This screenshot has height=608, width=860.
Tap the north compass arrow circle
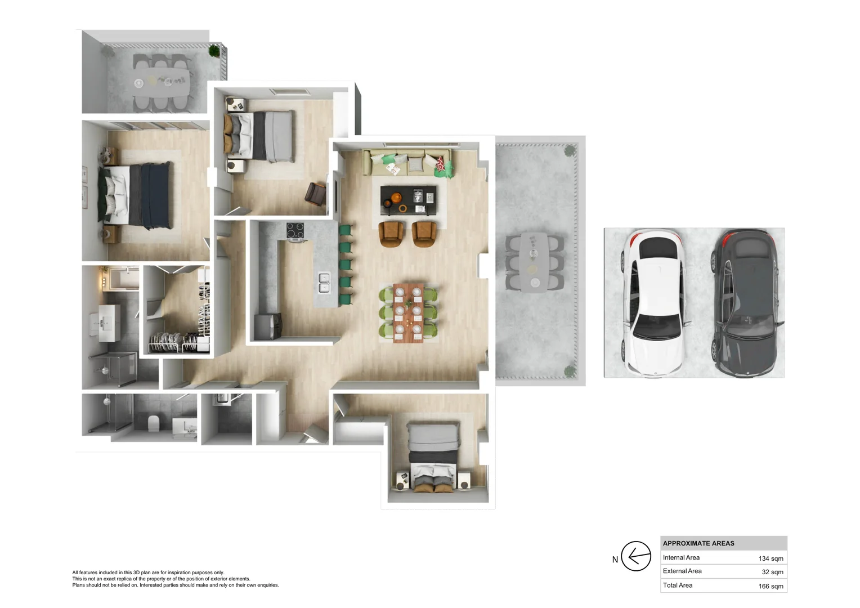636,556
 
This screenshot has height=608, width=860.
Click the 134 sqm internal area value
771,558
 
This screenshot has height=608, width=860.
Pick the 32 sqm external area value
772,572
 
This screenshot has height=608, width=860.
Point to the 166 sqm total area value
771,586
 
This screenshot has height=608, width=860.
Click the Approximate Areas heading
698,543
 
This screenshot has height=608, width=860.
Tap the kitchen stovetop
295,231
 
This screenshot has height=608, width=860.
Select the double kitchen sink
324,283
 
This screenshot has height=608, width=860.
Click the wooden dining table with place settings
408,312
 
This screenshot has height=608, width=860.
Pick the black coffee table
408,200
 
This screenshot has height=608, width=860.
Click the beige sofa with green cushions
407,162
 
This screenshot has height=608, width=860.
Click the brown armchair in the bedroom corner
316,194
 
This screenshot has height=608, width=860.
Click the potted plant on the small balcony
214,50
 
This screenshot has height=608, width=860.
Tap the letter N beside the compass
615,560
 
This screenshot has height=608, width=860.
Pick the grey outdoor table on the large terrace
534,262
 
